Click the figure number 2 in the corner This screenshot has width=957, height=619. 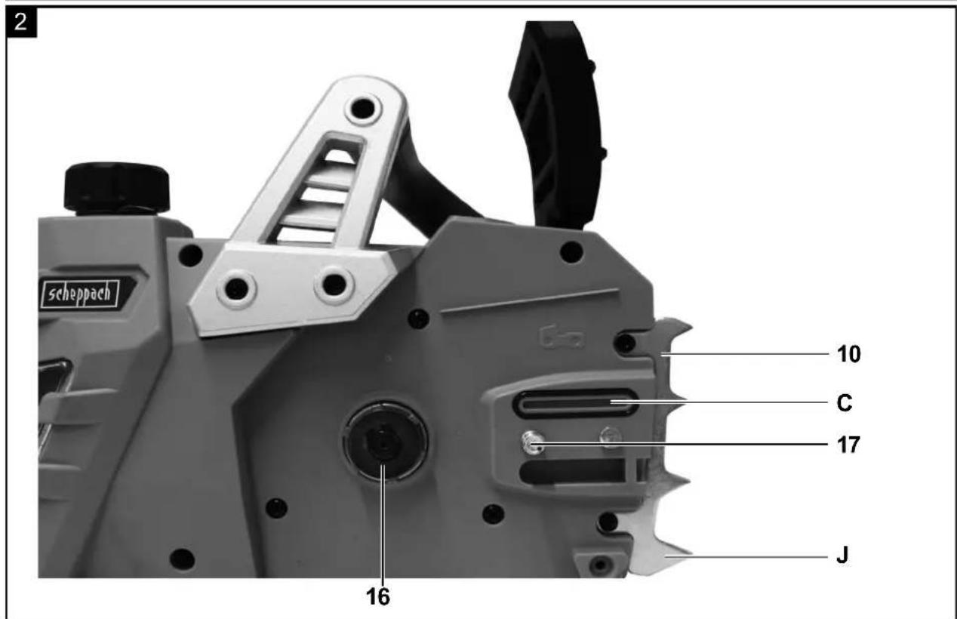(21, 22)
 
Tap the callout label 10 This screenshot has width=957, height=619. (848, 354)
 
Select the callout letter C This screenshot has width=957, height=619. (845, 403)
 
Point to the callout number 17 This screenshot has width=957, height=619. (848, 445)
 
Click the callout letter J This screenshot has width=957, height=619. (842, 556)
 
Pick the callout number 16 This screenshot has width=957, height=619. (377, 597)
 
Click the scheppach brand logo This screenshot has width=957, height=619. (80, 294)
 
